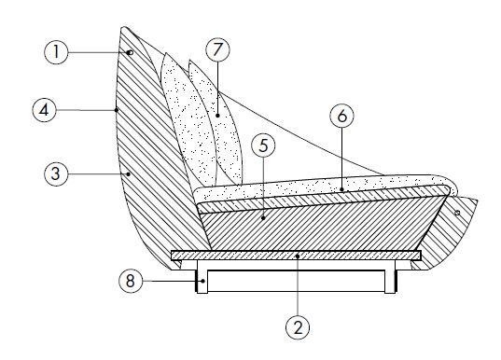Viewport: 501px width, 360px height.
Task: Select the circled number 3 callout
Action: [x=56, y=173]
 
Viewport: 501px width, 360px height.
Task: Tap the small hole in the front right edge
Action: [x=457, y=213]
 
